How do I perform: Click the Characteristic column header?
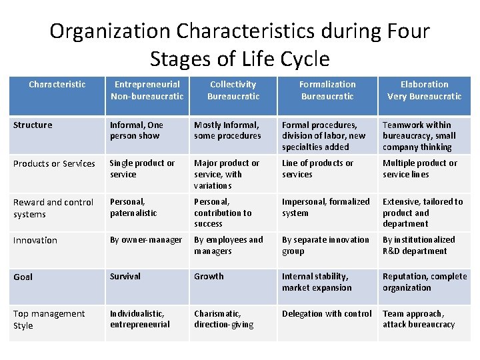pyautogui.click(x=57, y=85)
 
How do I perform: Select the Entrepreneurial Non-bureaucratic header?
pyautogui.click(x=147, y=90)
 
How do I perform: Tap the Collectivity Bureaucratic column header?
pyautogui.click(x=233, y=90)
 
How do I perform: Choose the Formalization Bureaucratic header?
pyautogui.click(x=327, y=90)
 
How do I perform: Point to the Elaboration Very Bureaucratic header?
pyautogui.click(x=424, y=90)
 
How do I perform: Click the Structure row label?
pyautogui.click(x=33, y=125)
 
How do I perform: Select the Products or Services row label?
pyautogui.click(x=54, y=163)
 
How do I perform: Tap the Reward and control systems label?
pyautogui.click(x=53, y=207)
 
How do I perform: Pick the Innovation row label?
pyautogui.click(x=35, y=240)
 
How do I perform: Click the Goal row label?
pyautogui.click(x=23, y=277)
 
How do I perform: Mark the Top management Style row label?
pyautogui.click(x=49, y=319)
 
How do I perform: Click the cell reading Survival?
pyautogui.click(x=125, y=276)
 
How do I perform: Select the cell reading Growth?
pyautogui.click(x=209, y=276)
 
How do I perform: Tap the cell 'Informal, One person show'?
pyautogui.click(x=136, y=130)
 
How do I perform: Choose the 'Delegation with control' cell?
pyautogui.click(x=327, y=313)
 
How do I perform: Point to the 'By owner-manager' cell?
pyautogui.click(x=145, y=239)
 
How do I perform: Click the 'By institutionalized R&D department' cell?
pyautogui.click(x=419, y=245)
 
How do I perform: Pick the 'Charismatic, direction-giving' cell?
pyautogui.click(x=223, y=319)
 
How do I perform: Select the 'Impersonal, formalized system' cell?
pyautogui.click(x=325, y=207)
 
